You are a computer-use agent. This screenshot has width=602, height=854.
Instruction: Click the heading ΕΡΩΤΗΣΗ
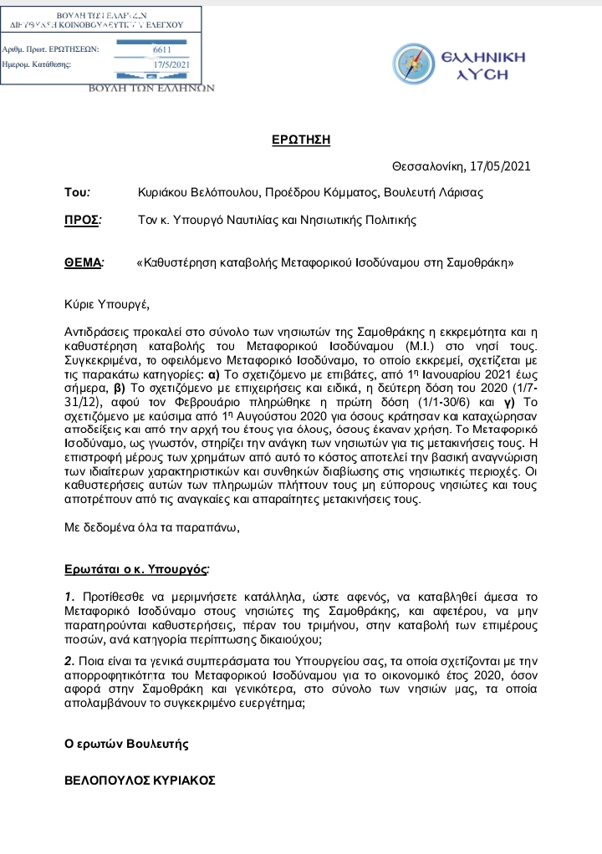[301, 140]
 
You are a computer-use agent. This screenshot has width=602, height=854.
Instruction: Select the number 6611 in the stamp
[161, 50]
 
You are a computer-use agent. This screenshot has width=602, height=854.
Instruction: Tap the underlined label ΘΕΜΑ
[84, 262]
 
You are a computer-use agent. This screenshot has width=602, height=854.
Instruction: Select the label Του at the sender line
[76, 192]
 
